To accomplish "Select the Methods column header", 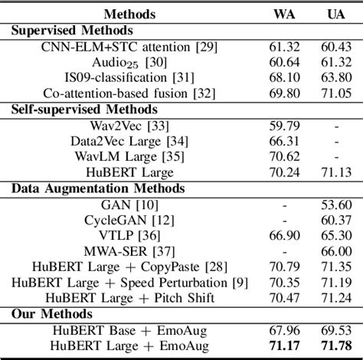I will pyautogui.click(x=129, y=14).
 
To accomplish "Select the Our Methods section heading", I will pyautogui.click(x=51, y=313).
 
